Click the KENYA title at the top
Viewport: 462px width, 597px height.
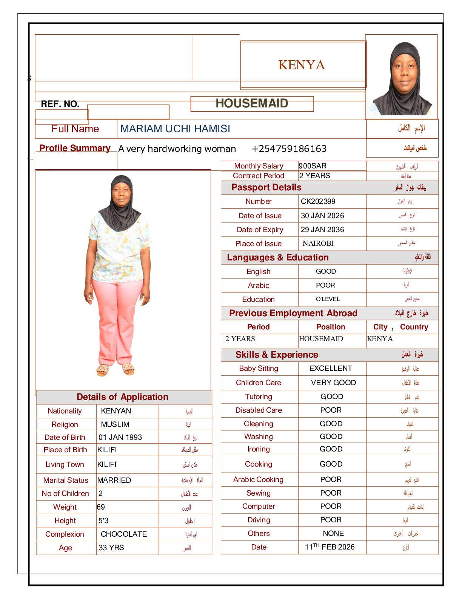pos(302,65)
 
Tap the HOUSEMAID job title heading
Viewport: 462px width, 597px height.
pos(252,103)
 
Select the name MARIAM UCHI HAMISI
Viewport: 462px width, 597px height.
pos(175,129)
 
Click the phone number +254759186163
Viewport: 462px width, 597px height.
pos(289,149)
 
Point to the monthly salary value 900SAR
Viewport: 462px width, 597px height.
pos(313,166)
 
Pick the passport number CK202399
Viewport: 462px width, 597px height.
pos(318,201)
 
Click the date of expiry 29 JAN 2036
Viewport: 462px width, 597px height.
pos(322,230)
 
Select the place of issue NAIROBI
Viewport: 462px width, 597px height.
pos(318,243)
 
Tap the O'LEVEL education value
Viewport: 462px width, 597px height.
pos(328,299)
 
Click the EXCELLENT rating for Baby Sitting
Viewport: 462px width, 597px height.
pos(331,368)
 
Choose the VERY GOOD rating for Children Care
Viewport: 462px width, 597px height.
pos(333,383)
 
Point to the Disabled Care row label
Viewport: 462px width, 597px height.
pos(259,410)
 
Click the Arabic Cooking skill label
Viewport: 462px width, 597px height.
pos(258,479)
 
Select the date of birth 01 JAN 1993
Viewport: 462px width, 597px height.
pos(120,437)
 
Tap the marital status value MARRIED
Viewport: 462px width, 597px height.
pos(114,480)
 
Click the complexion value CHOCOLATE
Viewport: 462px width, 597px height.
pos(124,534)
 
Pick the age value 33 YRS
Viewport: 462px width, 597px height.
pos(111,548)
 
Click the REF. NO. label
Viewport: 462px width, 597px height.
pos(60,104)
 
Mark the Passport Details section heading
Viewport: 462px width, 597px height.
pos(266,187)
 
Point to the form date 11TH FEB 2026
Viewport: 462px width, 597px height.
pos(330,547)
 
